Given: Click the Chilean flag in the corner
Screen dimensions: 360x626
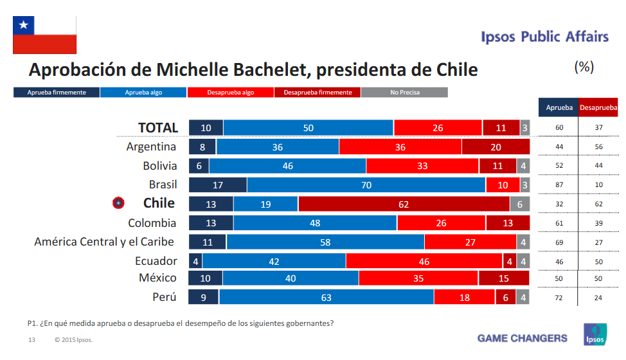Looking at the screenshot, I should (45, 35).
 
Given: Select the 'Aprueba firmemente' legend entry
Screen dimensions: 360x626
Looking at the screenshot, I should (57, 93).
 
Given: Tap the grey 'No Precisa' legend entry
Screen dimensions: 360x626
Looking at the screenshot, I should (404, 93).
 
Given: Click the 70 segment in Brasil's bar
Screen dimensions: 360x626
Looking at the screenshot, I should (366, 185).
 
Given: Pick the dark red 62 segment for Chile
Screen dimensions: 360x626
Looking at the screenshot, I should (404, 204).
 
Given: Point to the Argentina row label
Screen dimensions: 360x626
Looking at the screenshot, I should (151, 147).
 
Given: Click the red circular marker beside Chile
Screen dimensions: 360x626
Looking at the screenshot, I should (118, 203).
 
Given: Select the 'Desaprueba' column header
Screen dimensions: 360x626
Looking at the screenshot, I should (598, 108).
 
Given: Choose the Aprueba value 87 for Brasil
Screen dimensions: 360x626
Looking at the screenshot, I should (559, 185).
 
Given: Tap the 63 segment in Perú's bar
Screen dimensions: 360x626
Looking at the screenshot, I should (326, 298).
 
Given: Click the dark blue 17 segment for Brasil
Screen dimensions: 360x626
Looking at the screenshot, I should (218, 185).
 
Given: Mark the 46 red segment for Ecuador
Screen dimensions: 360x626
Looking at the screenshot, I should (424, 262).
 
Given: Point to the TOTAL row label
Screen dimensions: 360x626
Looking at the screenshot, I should (158, 128).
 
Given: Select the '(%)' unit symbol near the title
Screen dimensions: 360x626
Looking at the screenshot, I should (584, 67).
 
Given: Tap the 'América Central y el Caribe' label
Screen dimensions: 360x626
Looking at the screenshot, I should (104, 242).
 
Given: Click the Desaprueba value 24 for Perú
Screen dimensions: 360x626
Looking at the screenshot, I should (598, 298).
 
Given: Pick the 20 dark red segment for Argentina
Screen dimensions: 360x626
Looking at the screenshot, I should (496, 147).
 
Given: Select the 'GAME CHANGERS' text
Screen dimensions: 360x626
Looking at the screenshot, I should (522, 338).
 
